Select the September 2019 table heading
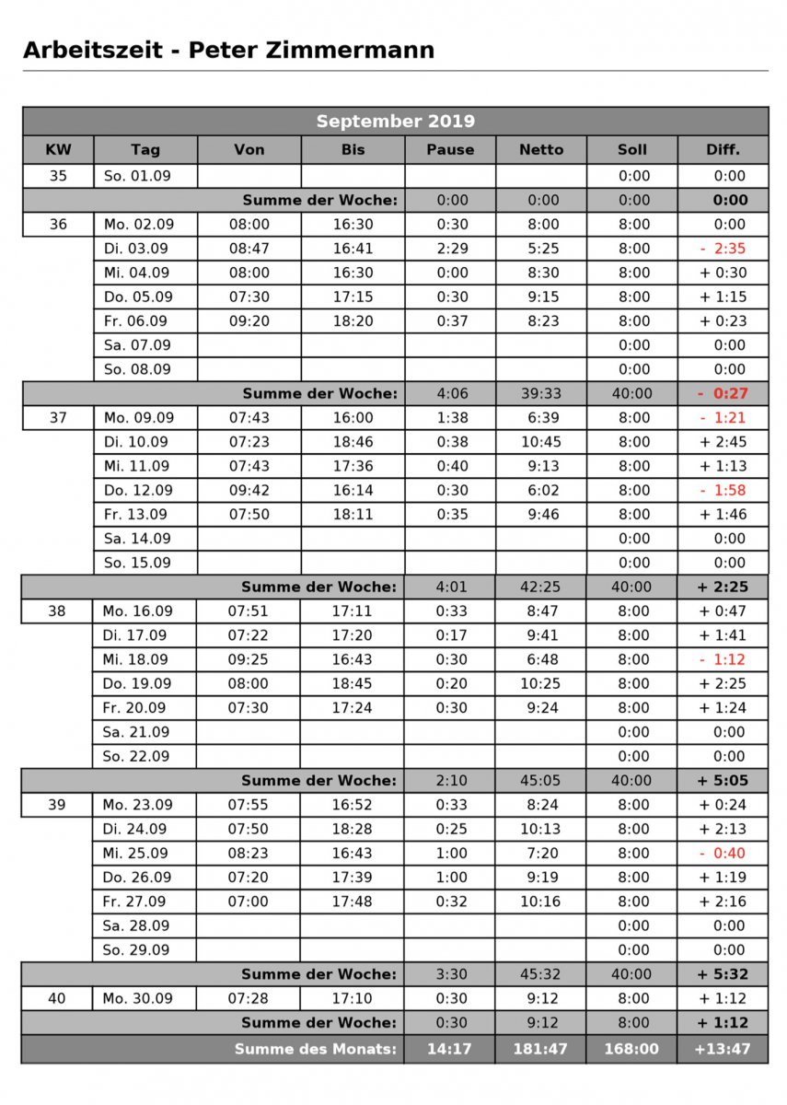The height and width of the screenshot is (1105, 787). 395,122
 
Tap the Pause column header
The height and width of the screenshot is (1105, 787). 450,149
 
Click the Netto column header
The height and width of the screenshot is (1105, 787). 540,149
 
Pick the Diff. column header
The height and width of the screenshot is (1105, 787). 723,149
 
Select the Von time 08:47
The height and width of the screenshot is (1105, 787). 249,249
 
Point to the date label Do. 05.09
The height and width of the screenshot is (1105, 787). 137,297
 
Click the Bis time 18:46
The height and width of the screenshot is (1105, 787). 353,442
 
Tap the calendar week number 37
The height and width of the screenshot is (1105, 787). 57,418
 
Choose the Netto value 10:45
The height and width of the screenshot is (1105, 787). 540,442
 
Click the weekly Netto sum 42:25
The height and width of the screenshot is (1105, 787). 540,587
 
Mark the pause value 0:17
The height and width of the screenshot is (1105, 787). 450,635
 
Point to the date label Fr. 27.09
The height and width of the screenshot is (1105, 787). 137,901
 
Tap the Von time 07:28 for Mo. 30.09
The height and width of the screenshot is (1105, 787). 249,998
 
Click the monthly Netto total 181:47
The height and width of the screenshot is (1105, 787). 540,1048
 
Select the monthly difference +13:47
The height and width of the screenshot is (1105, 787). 723,1048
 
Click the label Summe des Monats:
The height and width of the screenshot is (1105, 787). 315,1048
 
